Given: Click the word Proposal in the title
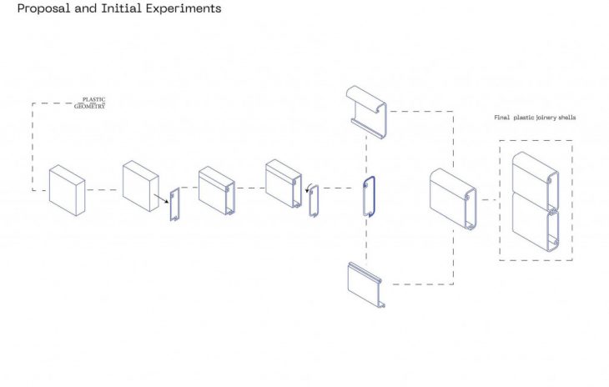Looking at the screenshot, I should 40,9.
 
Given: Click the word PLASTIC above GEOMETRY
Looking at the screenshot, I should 93,100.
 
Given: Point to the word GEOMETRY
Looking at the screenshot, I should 89,107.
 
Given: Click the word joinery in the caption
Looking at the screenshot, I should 540,118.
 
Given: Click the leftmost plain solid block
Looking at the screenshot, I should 67,190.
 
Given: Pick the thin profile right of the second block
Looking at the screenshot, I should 175,204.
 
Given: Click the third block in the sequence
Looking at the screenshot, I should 217,191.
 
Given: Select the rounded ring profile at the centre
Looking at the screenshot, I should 369,197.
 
